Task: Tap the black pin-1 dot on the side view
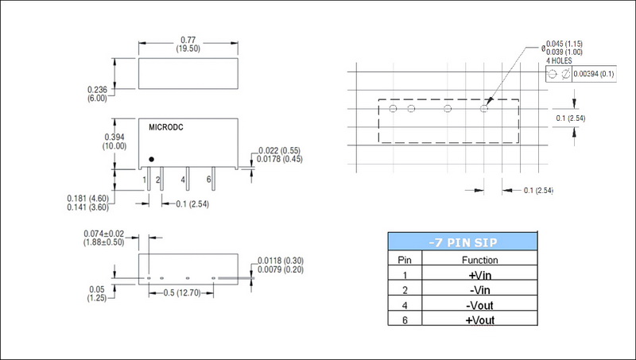pyautogui.click(x=152, y=159)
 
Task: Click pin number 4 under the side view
pyautogui.click(x=184, y=180)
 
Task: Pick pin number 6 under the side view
pyautogui.click(x=209, y=180)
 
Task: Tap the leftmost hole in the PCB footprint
pyautogui.click(x=393, y=108)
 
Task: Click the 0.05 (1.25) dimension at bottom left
pyautogui.click(x=97, y=293)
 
